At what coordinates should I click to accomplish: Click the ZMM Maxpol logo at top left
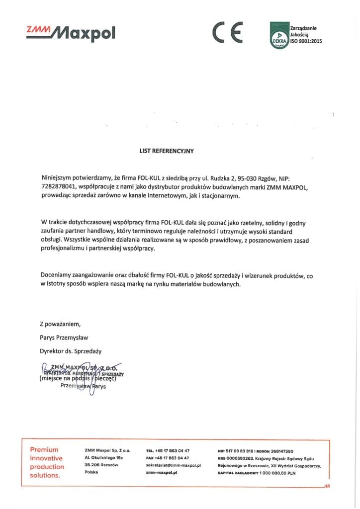pyautogui.click(x=71, y=32)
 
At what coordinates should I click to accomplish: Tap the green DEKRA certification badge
pyautogui.click(x=279, y=35)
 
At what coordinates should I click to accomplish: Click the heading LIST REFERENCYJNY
pyautogui.click(x=166, y=149)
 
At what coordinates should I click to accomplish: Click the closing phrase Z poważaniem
pyautogui.click(x=60, y=325)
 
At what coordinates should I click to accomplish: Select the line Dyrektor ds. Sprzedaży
pyautogui.click(x=71, y=351)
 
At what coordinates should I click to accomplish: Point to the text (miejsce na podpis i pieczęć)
pyautogui.click(x=78, y=379)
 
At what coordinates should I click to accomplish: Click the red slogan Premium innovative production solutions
pyautogui.click(x=47, y=463)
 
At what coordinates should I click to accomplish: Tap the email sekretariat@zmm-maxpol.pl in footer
pyautogui.click(x=174, y=465)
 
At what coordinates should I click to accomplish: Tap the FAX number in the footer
pyautogui.click(x=168, y=458)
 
